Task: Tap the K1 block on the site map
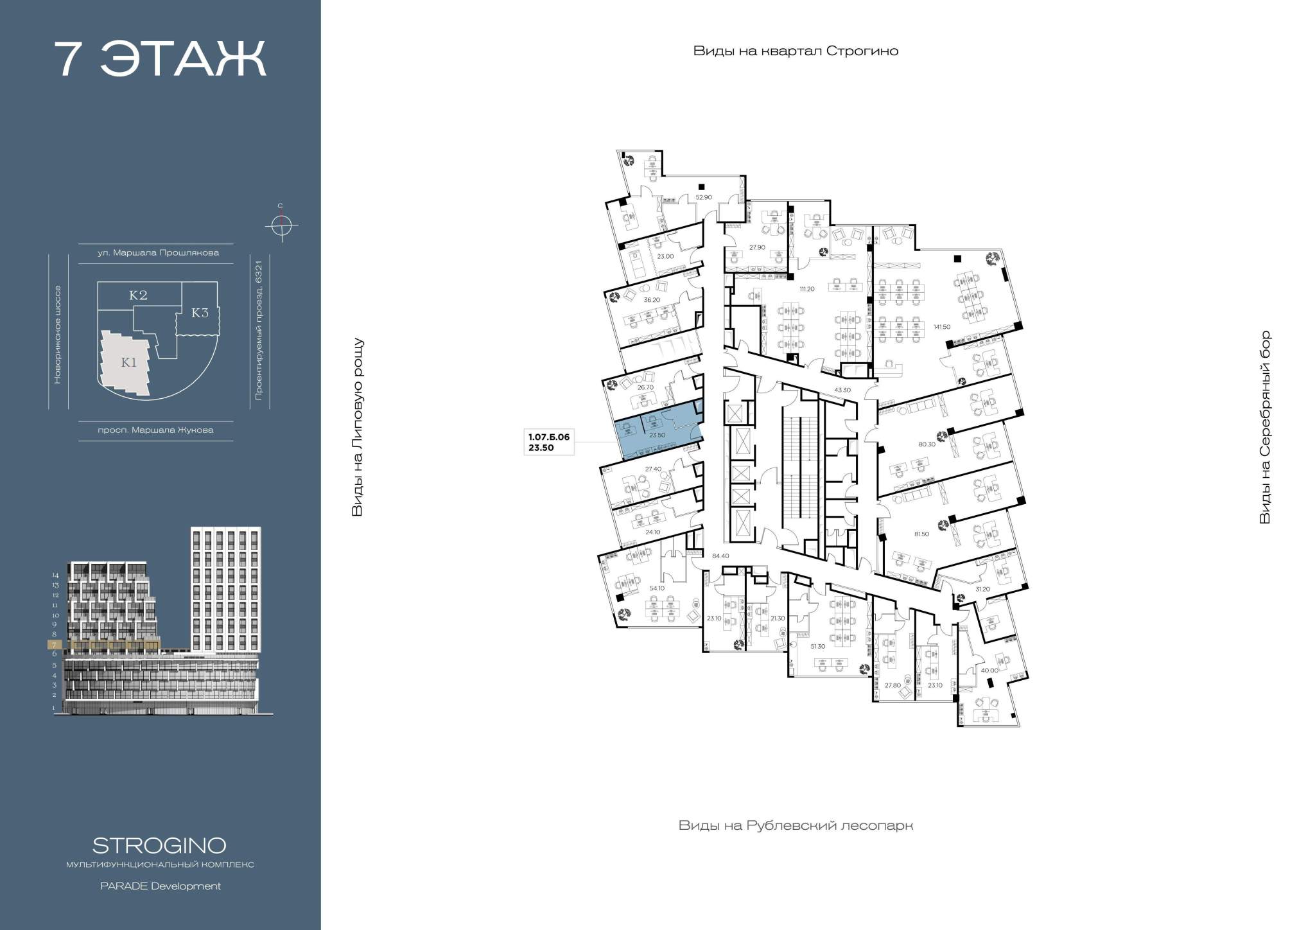[129, 362]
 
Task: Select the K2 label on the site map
[139, 295]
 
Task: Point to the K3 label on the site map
[200, 313]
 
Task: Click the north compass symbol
[281, 225]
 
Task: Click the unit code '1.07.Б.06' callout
[548, 437]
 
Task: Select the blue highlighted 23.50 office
[656, 430]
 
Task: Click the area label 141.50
[941, 327]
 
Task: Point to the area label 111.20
[806, 289]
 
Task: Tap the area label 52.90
[704, 197]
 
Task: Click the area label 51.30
[817, 646]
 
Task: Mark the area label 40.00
[989, 671]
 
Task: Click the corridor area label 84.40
[721, 556]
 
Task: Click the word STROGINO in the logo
[159, 845]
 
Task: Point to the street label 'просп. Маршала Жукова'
[155, 430]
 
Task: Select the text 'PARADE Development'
[160, 886]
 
